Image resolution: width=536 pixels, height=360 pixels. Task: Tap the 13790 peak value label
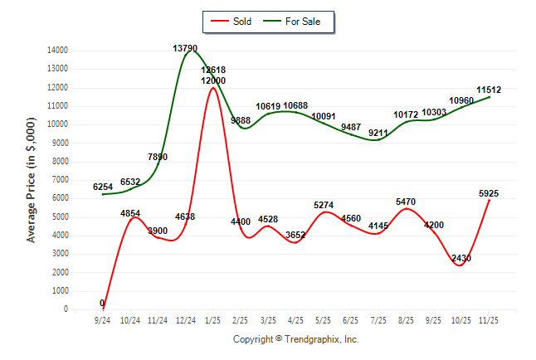pyautogui.click(x=185, y=48)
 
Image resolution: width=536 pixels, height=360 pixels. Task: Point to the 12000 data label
pyautogui.click(x=212, y=80)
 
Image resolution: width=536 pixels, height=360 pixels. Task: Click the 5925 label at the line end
pyautogui.click(x=489, y=193)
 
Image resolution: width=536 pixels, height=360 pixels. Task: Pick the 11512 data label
pyautogui.click(x=489, y=90)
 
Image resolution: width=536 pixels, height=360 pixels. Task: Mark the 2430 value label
pyautogui.click(x=460, y=258)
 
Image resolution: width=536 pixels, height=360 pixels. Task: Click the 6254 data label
pyautogui.click(x=103, y=187)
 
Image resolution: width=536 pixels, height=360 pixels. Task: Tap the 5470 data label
pyautogui.click(x=406, y=201)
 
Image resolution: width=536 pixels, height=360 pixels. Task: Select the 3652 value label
pyautogui.click(x=295, y=235)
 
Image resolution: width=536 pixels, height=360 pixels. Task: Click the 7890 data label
pyautogui.click(x=158, y=157)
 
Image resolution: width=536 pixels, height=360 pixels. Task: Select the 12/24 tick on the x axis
pyautogui.click(x=185, y=319)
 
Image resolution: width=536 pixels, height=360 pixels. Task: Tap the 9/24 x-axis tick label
pyautogui.click(x=102, y=319)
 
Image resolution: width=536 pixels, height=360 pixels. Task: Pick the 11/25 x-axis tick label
pyautogui.click(x=489, y=319)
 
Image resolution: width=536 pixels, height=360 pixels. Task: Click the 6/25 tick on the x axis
pyautogui.click(x=350, y=319)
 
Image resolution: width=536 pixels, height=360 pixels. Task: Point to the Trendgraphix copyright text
pyautogui.click(x=295, y=339)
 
